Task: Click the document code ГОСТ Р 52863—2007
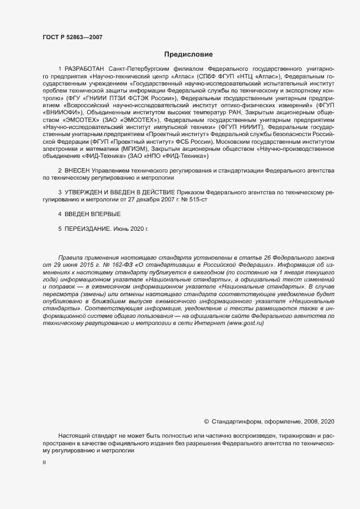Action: [x=72, y=37]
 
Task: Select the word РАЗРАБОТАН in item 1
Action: [x=85, y=69]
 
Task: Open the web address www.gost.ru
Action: [x=245, y=323]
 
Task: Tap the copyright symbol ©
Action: [x=206, y=421]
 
